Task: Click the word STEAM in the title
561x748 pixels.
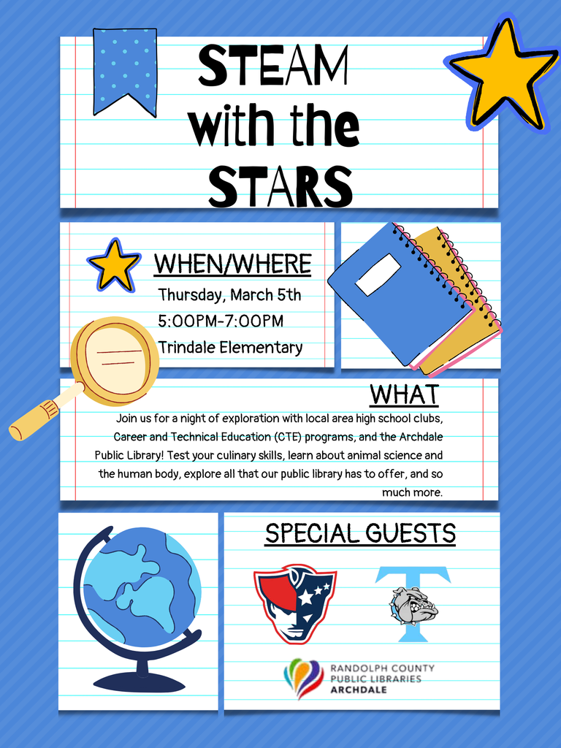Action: coord(273,66)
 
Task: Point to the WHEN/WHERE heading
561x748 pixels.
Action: coord(232,264)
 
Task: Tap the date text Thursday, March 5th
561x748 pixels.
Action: coord(229,295)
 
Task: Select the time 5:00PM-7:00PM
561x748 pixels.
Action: coord(221,321)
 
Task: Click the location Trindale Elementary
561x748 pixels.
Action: coord(230,348)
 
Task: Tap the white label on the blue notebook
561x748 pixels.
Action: coord(378,275)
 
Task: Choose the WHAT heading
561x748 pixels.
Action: coord(404,394)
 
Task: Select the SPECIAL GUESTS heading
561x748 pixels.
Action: coord(360,533)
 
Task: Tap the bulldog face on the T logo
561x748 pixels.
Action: coord(413,605)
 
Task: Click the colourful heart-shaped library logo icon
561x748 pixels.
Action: coord(304,677)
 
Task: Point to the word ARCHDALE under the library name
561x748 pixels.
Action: coord(359,690)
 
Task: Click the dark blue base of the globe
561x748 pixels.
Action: coord(139,682)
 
